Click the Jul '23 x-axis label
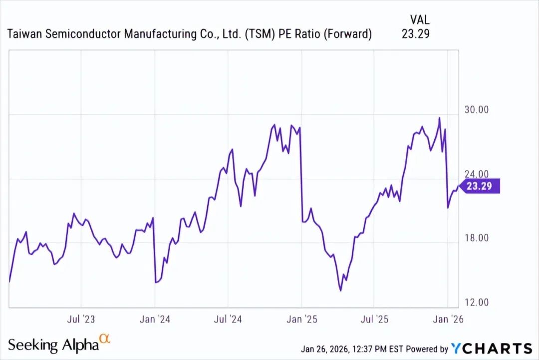(x=81, y=319)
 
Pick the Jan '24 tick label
(x=155, y=319)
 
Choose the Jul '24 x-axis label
(x=228, y=319)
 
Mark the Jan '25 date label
(x=301, y=319)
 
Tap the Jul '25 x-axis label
(x=374, y=319)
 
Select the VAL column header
(x=419, y=20)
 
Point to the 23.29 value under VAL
(x=415, y=34)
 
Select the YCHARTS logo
(x=492, y=348)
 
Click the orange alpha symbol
(x=105, y=339)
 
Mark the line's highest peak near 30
(x=439, y=118)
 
